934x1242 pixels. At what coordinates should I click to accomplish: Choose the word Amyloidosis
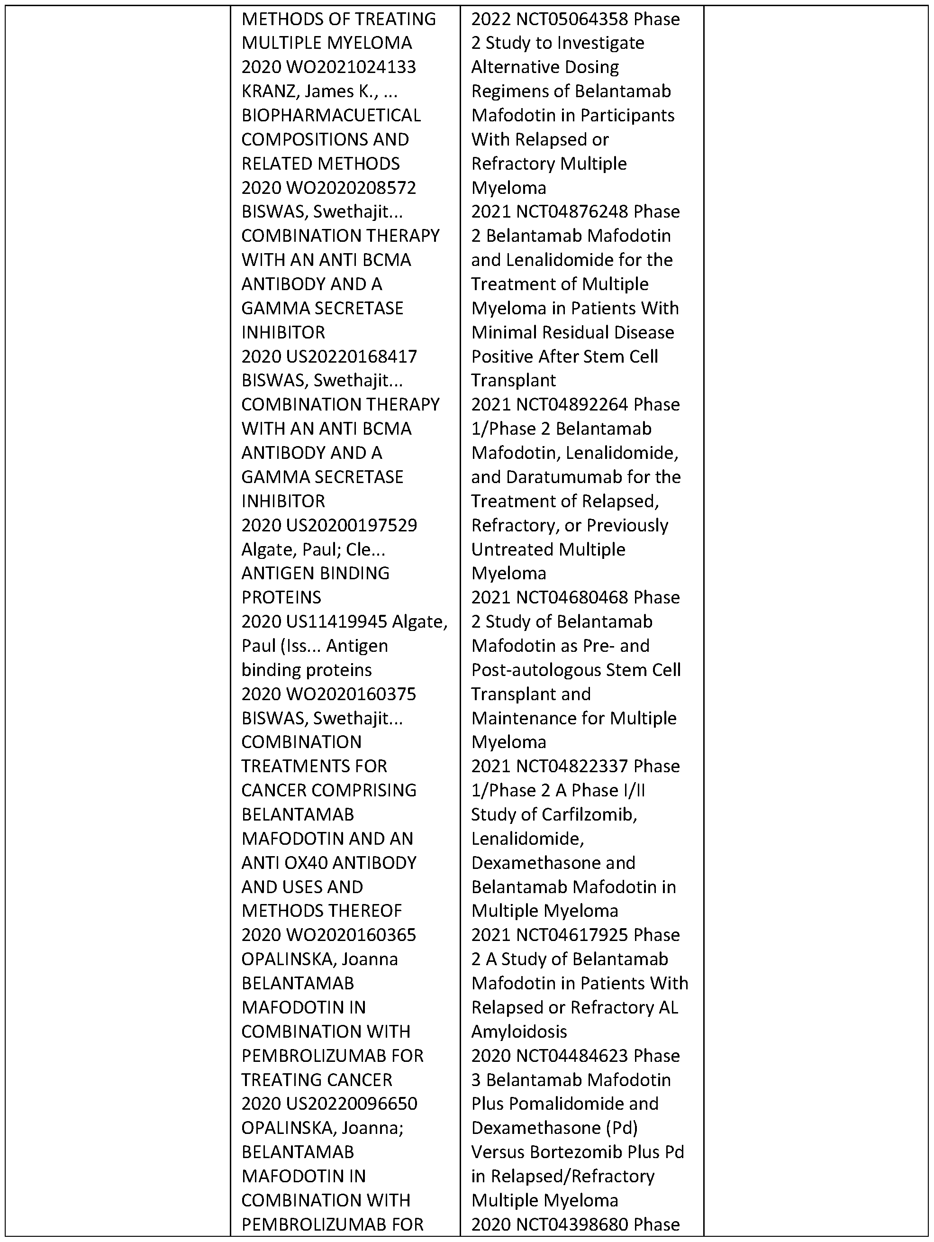[519, 1032]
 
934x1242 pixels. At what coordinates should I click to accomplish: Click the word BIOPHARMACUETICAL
[331, 115]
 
